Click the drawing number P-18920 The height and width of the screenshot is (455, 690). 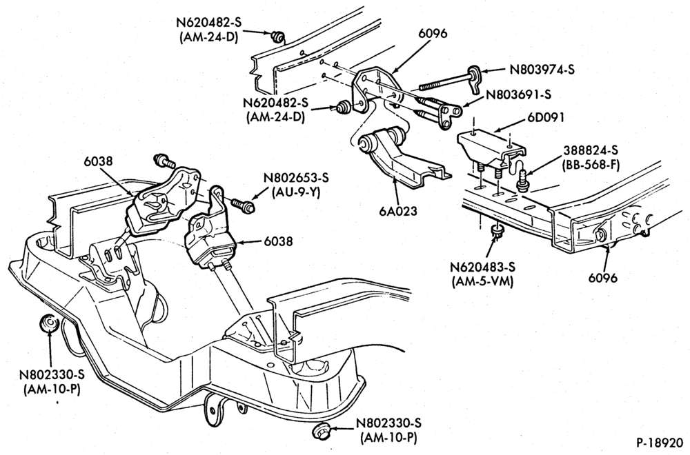coord(660,442)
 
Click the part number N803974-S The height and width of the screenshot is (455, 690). coord(542,70)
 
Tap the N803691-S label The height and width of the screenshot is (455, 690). coord(518,94)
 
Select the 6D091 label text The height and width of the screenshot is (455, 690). coord(545,118)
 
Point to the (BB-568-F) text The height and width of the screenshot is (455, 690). coord(591,165)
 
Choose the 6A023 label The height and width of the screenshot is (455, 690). coord(397,212)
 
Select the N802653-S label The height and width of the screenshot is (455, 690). coord(296,178)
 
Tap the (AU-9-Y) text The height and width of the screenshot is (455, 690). coord(296,192)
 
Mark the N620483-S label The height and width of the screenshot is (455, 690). coord(483,267)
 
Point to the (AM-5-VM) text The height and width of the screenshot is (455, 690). coord(483,281)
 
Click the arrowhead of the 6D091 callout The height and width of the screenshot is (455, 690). coord(495,131)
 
